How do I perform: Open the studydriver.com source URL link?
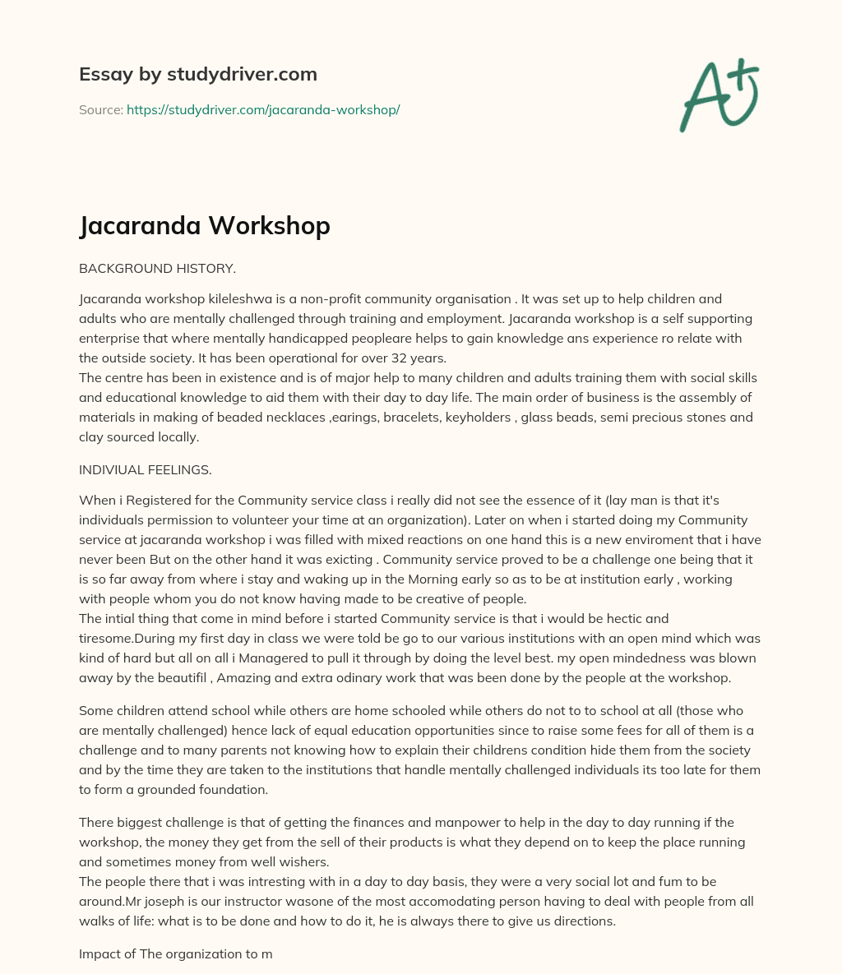point(262,109)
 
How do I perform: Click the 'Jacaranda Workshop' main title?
point(205,225)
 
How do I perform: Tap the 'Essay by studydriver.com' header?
point(198,74)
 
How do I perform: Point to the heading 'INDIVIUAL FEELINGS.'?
point(145,470)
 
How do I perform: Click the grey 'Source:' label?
point(100,109)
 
